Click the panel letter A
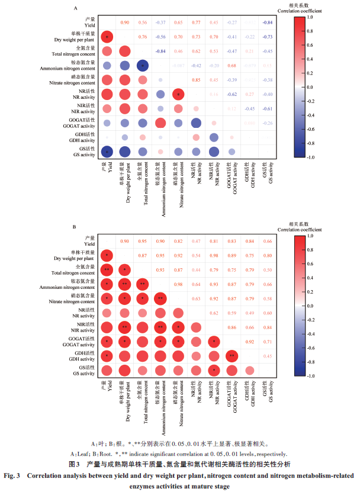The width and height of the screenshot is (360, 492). pos(75,8)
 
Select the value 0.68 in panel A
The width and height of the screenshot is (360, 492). pos(233,65)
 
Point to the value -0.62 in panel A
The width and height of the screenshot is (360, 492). pos(233,94)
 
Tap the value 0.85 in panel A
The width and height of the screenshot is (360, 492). pos(195,80)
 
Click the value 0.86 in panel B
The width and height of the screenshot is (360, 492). pos(233,327)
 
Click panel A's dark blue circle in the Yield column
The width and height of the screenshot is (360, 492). pos(107,152)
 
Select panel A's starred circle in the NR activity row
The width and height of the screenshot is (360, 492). pos(177,94)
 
